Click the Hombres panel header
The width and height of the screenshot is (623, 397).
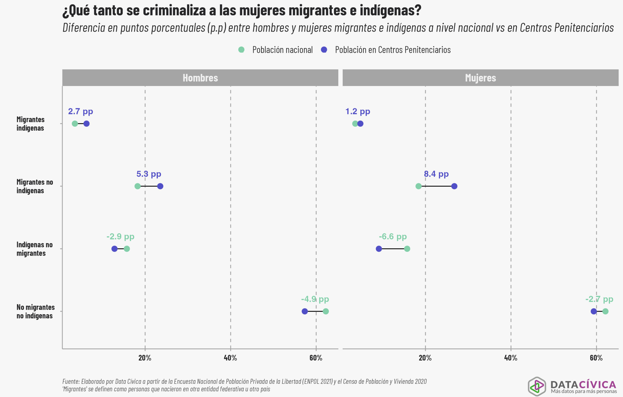(x=200, y=78)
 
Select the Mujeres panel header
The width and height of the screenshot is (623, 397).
(x=480, y=78)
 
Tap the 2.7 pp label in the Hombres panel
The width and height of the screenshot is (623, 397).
(x=81, y=111)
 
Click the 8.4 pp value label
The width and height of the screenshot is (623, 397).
(x=436, y=174)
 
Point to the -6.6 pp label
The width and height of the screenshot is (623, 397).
(x=393, y=237)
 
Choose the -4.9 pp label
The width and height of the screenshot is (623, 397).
(x=315, y=299)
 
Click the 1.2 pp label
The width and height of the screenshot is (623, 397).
(x=358, y=111)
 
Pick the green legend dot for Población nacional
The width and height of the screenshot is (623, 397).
(x=241, y=49)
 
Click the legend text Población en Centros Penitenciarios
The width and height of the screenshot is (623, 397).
(x=393, y=49)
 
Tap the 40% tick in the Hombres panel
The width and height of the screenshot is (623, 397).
(x=230, y=358)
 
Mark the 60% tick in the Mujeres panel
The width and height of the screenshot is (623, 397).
(x=596, y=358)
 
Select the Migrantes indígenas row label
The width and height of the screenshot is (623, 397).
(x=30, y=124)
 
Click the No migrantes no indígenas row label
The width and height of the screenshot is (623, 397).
(x=36, y=311)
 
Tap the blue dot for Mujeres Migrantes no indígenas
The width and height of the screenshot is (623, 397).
(x=454, y=186)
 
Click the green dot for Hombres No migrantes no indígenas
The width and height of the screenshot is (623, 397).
(x=326, y=311)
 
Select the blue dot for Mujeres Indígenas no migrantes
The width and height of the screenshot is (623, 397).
(x=379, y=249)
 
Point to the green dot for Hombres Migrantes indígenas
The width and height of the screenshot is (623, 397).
(x=75, y=124)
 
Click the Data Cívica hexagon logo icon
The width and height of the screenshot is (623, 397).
(x=537, y=386)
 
